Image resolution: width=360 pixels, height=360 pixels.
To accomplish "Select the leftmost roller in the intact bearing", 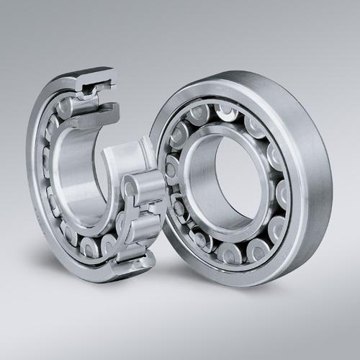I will point(171,170).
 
